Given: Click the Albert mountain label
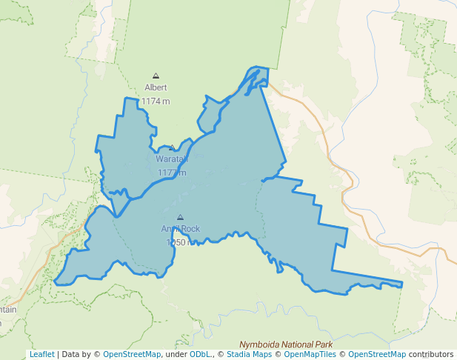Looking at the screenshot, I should point(156,87).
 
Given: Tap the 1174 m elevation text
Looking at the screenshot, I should point(156,101).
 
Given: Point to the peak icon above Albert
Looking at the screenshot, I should point(156,76).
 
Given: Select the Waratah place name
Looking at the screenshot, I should point(172,159).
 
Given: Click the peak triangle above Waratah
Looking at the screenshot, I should point(172,147).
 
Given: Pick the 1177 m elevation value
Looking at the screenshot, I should point(172,173).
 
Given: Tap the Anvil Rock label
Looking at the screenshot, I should point(181,229).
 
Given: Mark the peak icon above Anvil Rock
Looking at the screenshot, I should point(180,217).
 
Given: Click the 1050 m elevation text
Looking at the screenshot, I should point(181,242).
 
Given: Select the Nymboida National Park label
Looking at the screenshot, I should point(286,344).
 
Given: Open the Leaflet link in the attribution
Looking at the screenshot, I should point(41,355).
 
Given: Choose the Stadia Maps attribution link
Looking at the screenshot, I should point(247,355).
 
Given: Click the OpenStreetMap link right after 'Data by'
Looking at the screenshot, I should point(132,355).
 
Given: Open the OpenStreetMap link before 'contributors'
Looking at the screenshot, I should point(377,355).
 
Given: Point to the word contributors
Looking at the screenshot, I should point(431,355).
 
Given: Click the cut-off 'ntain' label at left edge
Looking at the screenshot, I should point(8,309).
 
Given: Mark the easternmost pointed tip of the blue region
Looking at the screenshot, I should point(402,284).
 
